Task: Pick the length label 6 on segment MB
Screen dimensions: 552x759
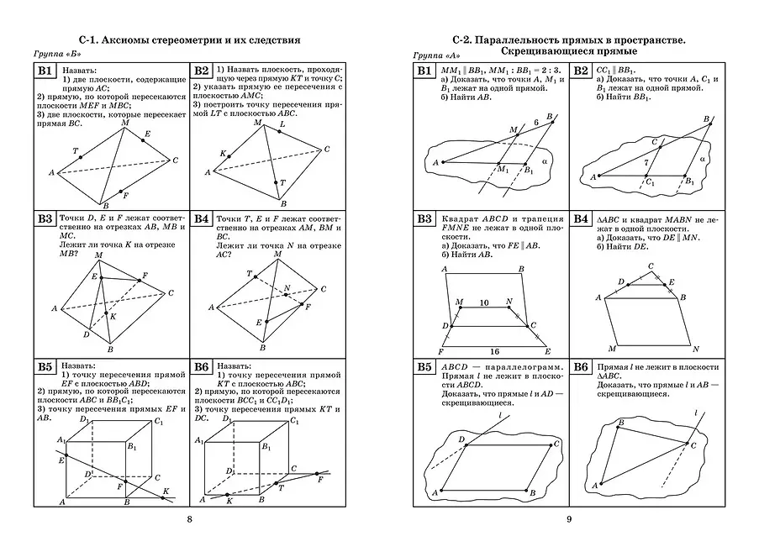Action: [x=535, y=124]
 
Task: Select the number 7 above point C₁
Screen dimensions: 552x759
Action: [x=646, y=161]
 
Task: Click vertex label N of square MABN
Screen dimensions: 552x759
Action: [x=696, y=347]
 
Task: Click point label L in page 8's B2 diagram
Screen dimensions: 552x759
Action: [x=281, y=124]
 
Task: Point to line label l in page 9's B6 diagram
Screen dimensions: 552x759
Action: [x=696, y=412]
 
